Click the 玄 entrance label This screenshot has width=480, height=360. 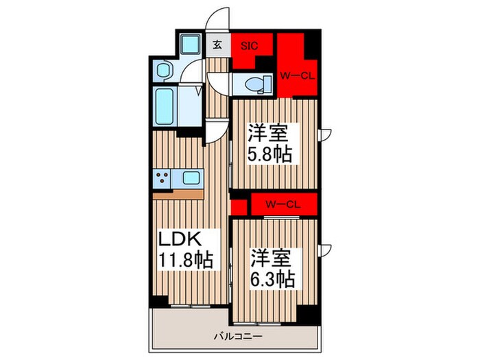click(x=217, y=46)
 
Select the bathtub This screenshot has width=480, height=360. click(x=167, y=106)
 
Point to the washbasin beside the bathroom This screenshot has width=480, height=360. click(x=164, y=69)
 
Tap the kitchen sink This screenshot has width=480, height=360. click(x=191, y=179)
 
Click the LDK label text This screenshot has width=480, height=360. click(x=180, y=240)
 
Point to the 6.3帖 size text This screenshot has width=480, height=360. click(x=272, y=279)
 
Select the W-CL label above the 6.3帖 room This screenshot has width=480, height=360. click(x=282, y=203)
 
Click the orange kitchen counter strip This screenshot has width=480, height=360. click(x=178, y=194)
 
